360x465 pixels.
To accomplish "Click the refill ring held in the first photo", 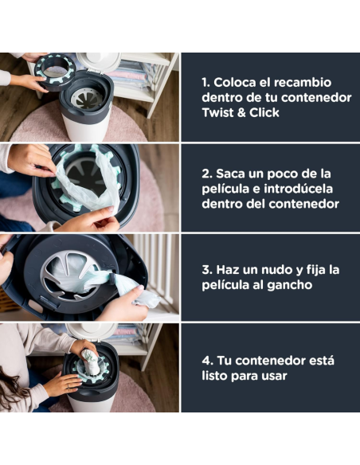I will point(56,70).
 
